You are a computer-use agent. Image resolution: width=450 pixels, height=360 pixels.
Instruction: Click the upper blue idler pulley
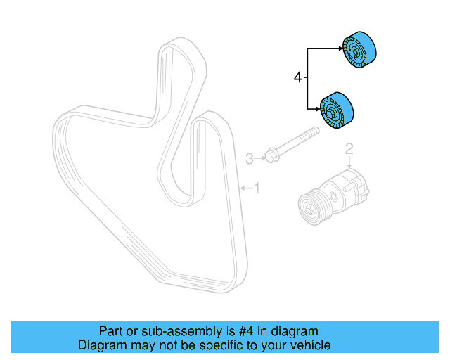(x=359, y=51)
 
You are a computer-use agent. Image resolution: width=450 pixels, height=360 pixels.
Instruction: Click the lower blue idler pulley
(x=338, y=111)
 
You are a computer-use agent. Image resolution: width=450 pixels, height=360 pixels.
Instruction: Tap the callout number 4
(x=297, y=78)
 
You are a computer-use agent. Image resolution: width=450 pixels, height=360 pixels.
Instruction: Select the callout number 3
(x=248, y=159)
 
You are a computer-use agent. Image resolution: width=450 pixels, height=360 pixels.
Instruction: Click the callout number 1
(x=257, y=188)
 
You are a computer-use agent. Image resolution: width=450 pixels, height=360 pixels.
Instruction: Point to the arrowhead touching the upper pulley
(x=342, y=49)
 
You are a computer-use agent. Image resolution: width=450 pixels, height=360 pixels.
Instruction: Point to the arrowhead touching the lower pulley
(x=321, y=108)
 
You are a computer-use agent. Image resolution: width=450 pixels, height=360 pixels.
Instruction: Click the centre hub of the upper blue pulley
(x=352, y=51)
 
